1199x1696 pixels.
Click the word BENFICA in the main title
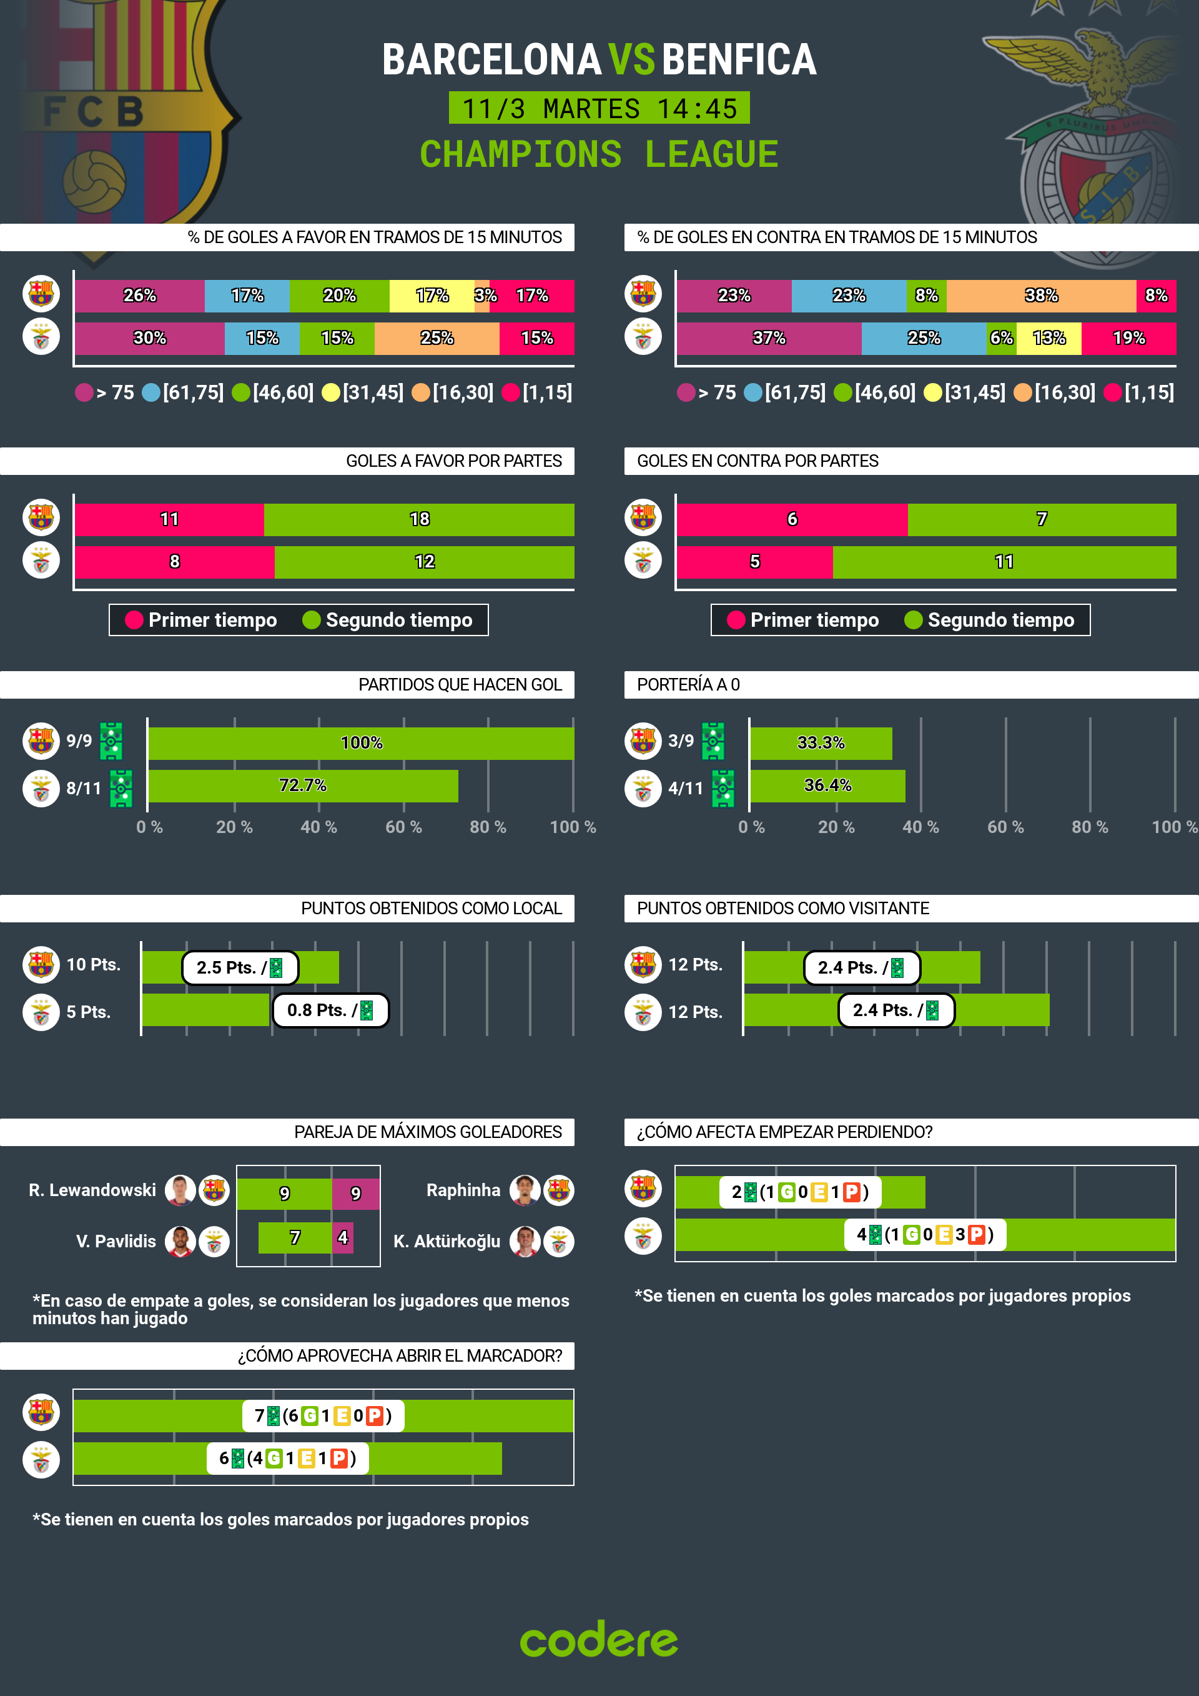[739, 60]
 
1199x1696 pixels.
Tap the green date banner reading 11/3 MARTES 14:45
[599, 109]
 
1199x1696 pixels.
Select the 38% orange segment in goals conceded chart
[1040, 296]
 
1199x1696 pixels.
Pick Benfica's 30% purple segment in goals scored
[149, 338]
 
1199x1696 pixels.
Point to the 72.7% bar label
[302, 786]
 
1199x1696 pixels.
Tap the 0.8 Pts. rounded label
[330, 1010]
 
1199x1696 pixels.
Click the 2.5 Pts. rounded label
[239, 967]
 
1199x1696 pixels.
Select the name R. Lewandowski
[92, 1190]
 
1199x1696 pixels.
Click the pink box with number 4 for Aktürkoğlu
[343, 1238]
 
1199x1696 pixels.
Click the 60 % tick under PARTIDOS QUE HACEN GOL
[403, 827]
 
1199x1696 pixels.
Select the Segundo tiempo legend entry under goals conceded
[989, 621]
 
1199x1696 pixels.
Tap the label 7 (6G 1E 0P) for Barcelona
[323, 1416]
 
